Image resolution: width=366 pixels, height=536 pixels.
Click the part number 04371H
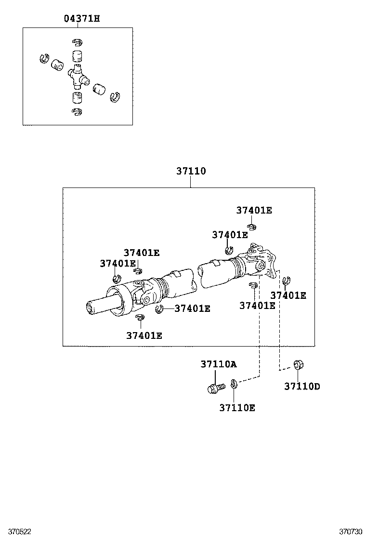pyautogui.click(x=82, y=19)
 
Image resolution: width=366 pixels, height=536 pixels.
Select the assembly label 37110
pyautogui.click(x=191, y=171)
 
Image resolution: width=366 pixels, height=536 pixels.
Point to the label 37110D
pyautogui.click(x=302, y=386)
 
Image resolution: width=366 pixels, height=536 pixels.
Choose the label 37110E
pyautogui.click(x=237, y=408)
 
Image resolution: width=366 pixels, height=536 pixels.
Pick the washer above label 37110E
pyautogui.click(x=234, y=383)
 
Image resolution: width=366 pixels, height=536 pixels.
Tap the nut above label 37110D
pyautogui.click(x=298, y=365)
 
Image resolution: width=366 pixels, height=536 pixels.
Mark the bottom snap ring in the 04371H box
pyautogui.click(x=77, y=112)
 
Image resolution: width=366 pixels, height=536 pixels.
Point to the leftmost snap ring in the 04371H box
pyautogui.click(x=44, y=58)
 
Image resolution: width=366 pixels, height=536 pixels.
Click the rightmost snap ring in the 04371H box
pyautogui.click(x=114, y=97)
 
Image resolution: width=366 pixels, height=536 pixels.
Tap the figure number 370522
pyautogui.click(x=16, y=531)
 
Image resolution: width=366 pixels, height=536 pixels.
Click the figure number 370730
pyautogui.click(x=350, y=531)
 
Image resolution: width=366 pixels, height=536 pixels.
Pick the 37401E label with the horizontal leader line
pyautogui.click(x=192, y=308)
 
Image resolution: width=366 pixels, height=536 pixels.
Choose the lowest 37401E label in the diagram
pyautogui.click(x=144, y=335)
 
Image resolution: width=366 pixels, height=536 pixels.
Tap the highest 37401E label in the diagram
pyautogui.click(x=254, y=210)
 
